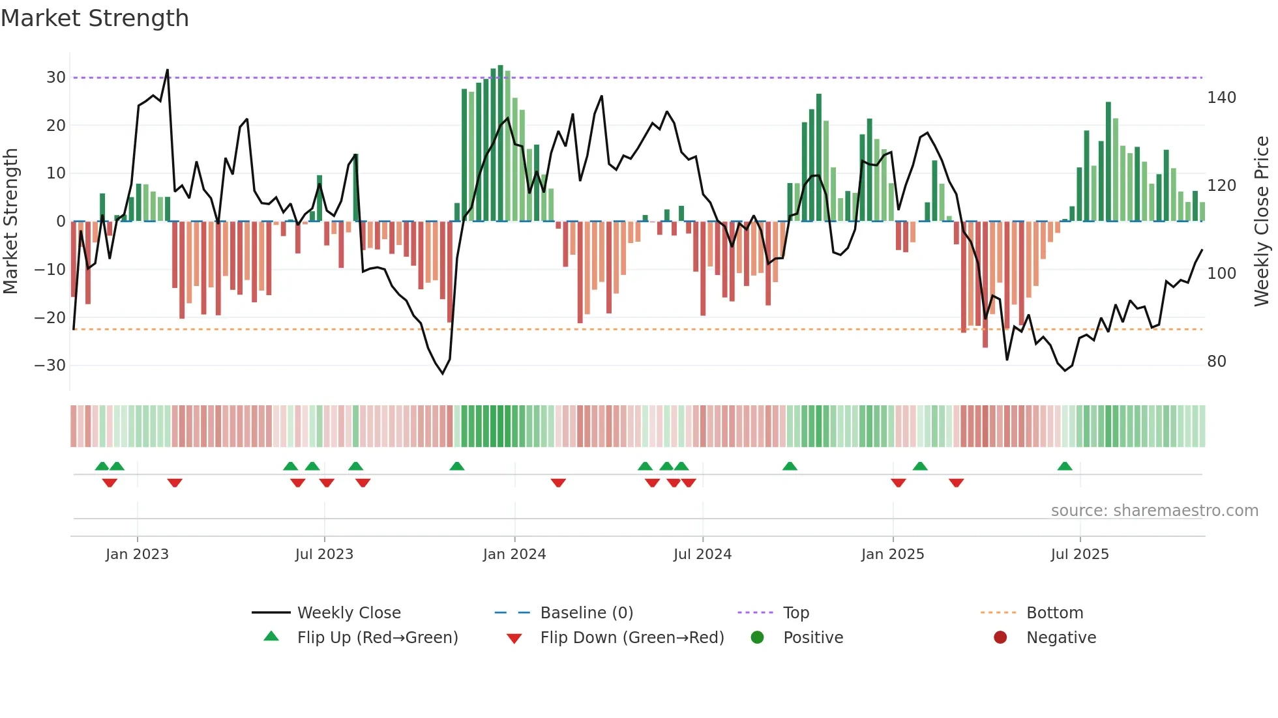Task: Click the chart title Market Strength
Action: coord(95,18)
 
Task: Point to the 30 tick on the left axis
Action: coord(56,78)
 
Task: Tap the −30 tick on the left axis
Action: coord(50,366)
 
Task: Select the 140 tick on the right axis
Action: coord(1221,98)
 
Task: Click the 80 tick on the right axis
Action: coord(1217,362)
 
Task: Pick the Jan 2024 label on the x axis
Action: coord(514,554)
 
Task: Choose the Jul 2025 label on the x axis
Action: coord(1080,554)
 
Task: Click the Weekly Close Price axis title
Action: coord(1262,222)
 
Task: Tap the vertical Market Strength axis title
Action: coord(11,222)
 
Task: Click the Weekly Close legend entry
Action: coord(349,613)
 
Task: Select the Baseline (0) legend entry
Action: coord(586,613)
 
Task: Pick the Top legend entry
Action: coord(795,613)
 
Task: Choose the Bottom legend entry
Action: coord(1054,613)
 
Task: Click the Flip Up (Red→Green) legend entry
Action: coord(378,638)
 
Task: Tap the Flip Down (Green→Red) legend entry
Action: coord(632,638)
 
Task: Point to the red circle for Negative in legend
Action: coord(1000,637)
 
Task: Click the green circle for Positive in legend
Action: coord(757,637)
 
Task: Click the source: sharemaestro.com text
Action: coord(1154,511)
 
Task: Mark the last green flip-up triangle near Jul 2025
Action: coord(1065,467)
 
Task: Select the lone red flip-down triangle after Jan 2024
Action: coord(558,483)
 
